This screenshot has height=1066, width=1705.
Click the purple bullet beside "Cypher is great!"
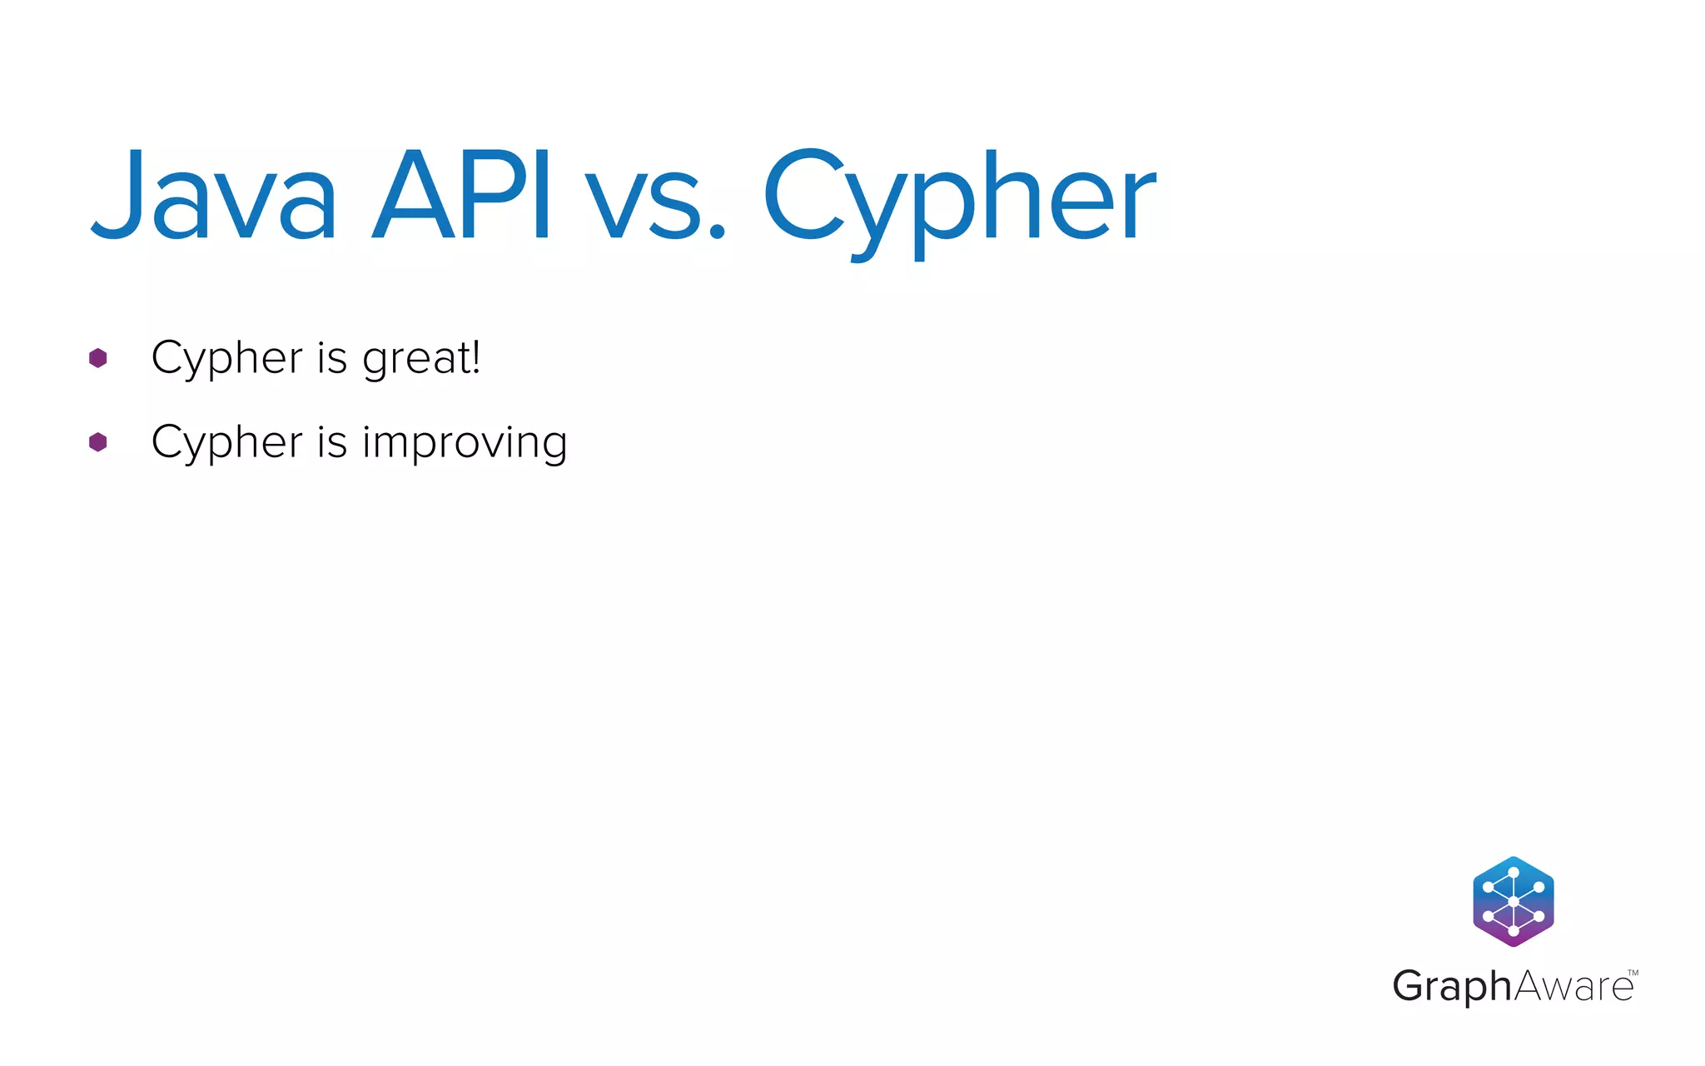pyautogui.click(x=98, y=358)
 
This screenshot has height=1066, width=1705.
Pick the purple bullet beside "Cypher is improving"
pyautogui.click(x=98, y=442)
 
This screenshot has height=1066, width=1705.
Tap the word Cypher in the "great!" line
pyautogui.click(x=226, y=359)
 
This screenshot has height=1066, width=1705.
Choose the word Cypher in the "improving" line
pyautogui.click(x=226, y=443)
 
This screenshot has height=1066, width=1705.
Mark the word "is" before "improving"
pyautogui.click(x=331, y=442)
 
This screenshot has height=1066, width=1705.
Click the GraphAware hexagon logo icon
pyautogui.click(x=1514, y=901)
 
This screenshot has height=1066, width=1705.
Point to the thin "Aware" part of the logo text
pyautogui.click(x=1573, y=987)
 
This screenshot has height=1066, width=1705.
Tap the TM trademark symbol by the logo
pyautogui.click(x=1633, y=973)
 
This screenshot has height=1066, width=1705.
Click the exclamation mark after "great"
pyautogui.click(x=476, y=357)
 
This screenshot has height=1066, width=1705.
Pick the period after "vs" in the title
pyautogui.click(x=717, y=232)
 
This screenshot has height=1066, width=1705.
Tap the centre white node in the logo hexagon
pyautogui.click(x=1514, y=902)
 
